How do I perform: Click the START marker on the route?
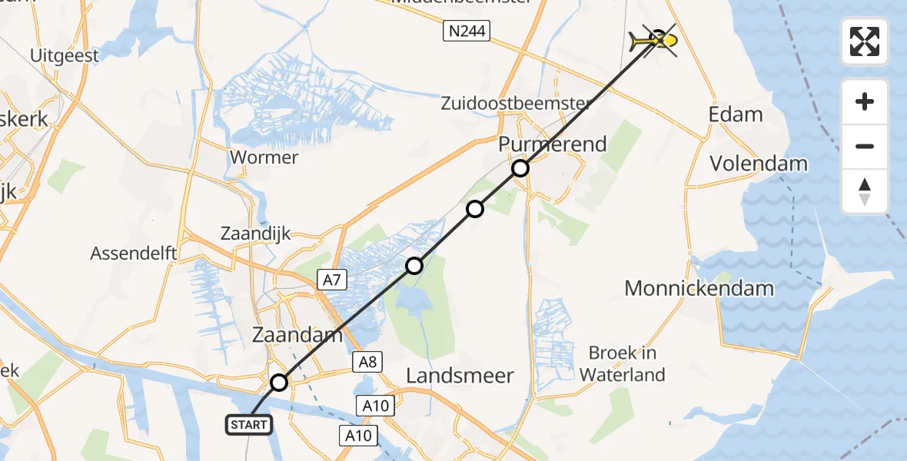pyautogui.click(x=248, y=424)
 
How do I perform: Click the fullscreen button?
pyautogui.click(x=865, y=41)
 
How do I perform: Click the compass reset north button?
pyautogui.click(x=865, y=192)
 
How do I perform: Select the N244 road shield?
pyautogui.click(x=467, y=32)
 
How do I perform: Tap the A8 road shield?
pyautogui.click(x=366, y=361)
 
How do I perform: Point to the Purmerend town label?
pyautogui.click(x=553, y=144)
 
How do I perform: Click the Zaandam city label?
pyautogui.click(x=297, y=334)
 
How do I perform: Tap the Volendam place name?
pyautogui.click(x=759, y=163)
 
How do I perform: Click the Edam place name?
pyautogui.click(x=736, y=114)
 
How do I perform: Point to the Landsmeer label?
pyautogui.click(x=460, y=375)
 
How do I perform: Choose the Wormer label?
pyautogui.click(x=264, y=158)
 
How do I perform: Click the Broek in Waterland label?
pyautogui.click(x=622, y=363)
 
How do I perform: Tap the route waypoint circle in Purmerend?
pyautogui.click(x=520, y=168)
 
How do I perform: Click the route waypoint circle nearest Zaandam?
pyautogui.click(x=279, y=383)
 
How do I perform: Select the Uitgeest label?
pyautogui.click(x=65, y=55)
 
